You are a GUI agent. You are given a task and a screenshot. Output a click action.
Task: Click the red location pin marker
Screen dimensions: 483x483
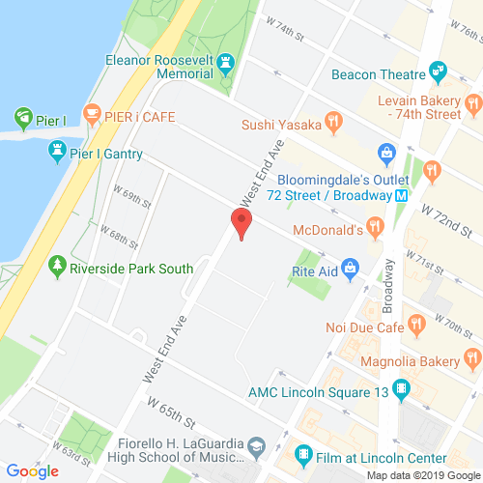pyautogui.click(x=240, y=222)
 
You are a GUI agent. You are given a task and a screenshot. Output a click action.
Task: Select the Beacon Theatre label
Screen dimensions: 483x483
pyautogui.click(x=378, y=73)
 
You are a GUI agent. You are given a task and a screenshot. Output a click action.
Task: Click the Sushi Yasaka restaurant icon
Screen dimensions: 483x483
pyautogui.click(x=334, y=121)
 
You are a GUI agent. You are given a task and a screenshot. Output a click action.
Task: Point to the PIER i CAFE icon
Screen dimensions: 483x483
pyautogui.click(x=94, y=115)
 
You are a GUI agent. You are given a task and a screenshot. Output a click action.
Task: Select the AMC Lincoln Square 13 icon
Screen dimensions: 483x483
pyautogui.click(x=402, y=389)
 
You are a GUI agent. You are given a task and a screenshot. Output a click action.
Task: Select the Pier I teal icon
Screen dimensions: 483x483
pyautogui.click(x=21, y=120)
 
